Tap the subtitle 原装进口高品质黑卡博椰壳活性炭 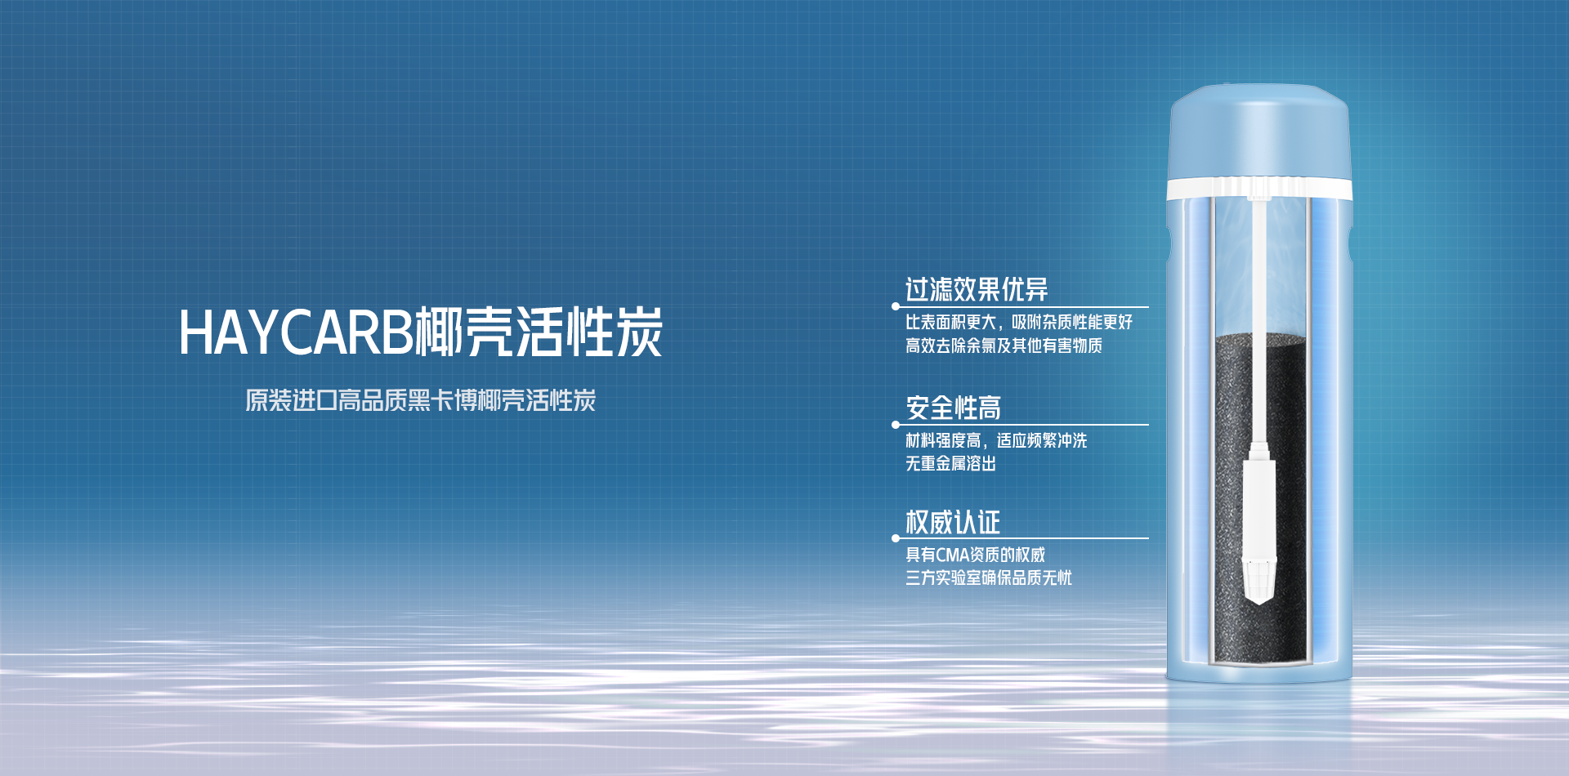[x=421, y=400]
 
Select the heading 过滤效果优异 [x=977, y=289]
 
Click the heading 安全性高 [x=953, y=408]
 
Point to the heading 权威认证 [x=953, y=522]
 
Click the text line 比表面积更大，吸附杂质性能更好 [x=1019, y=322]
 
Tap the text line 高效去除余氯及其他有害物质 [x=1004, y=346]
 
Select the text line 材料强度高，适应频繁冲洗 [x=996, y=440]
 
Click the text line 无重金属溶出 [x=950, y=463]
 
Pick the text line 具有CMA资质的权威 [x=975, y=555]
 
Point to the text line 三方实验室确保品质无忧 [x=989, y=578]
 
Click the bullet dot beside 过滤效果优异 [x=896, y=307]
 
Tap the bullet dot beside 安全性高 [x=896, y=425]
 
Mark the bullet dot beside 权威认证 [x=896, y=538]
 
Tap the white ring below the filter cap [x=1258, y=190]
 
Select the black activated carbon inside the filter [x=1226, y=498]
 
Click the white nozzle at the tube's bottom [x=1258, y=531]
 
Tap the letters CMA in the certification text [x=952, y=555]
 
